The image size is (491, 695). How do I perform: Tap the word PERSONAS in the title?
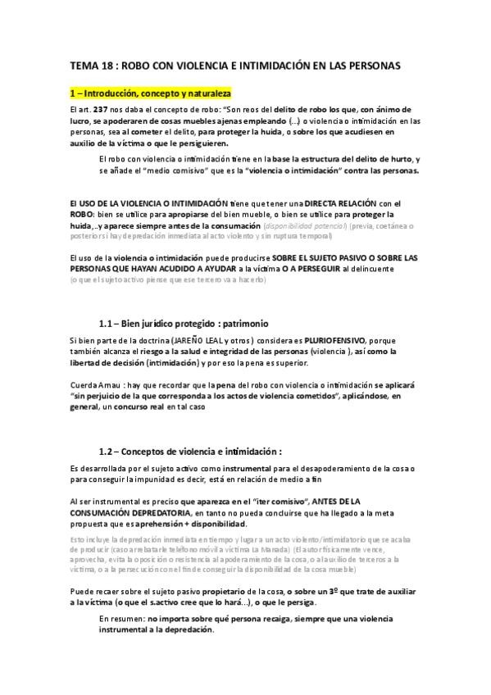click(x=371, y=66)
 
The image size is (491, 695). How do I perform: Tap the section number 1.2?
click(x=105, y=452)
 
